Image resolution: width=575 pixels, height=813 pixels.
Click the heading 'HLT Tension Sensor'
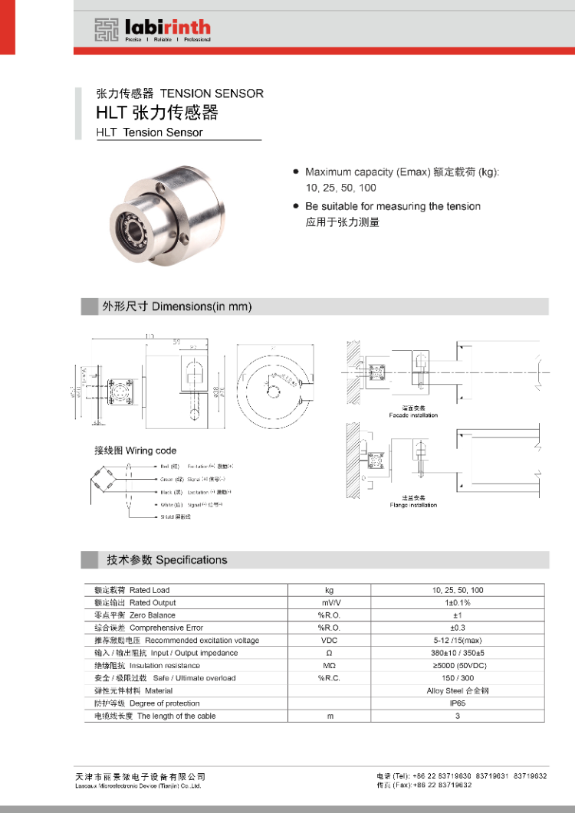(x=149, y=133)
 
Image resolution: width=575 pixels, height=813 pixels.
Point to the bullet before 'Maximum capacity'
(x=296, y=172)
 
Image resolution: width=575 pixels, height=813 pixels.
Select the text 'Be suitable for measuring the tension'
(x=393, y=206)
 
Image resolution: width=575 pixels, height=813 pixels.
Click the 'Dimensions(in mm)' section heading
(x=202, y=307)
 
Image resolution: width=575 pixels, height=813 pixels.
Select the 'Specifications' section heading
(x=191, y=560)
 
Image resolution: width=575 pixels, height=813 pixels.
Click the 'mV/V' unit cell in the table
(x=329, y=603)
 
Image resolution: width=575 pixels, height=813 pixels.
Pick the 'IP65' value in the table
(x=457, y=703)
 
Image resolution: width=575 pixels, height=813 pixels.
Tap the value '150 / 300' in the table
(x=457, y=678)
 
